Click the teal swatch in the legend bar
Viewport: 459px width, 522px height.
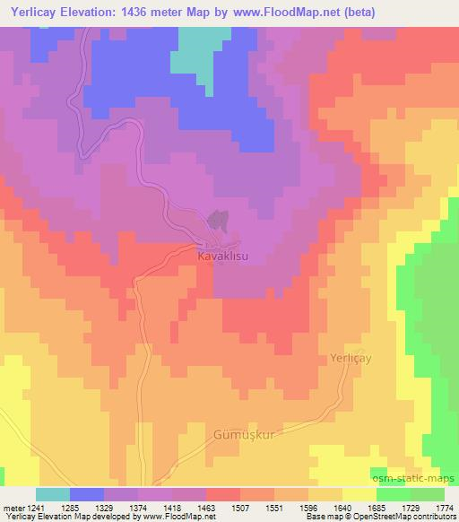(52, 494)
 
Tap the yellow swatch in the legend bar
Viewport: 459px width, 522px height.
(359, 494)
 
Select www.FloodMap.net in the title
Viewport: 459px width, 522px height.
(273, 13)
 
